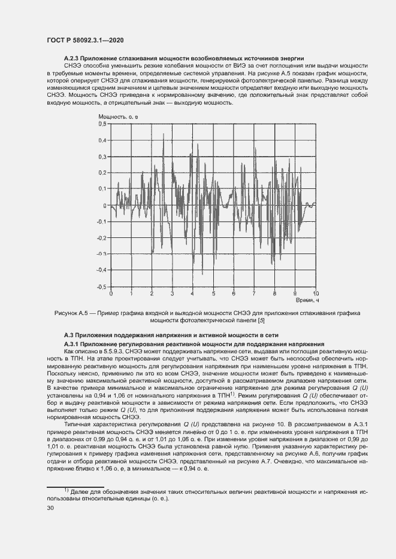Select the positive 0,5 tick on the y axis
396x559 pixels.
(102, 124)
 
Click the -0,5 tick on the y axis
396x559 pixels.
(101, 287)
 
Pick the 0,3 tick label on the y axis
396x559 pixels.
(102, 157)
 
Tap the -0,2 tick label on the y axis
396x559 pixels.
(101, 238)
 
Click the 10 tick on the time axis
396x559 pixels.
(316, 294)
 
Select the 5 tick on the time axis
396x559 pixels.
(213, 294)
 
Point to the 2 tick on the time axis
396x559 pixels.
(152, 294)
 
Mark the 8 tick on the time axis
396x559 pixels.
(274, 294)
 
